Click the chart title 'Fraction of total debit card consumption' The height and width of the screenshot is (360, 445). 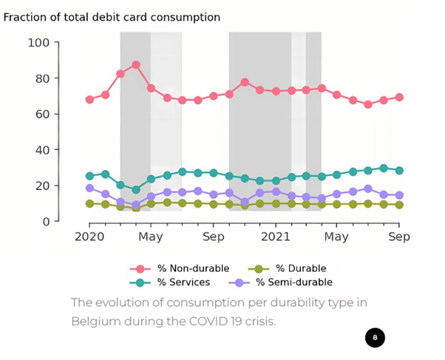[112, 16]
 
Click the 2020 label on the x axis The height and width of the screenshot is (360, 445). [89, 237]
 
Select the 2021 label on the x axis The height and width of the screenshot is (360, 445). [276, 237]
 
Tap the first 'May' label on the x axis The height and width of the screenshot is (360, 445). [151, 237]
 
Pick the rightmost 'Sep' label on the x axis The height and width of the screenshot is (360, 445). [399, 237]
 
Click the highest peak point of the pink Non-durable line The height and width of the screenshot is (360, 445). [136, 65]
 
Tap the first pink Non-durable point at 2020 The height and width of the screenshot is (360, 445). [89, 99]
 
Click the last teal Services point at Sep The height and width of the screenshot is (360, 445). [399, 171]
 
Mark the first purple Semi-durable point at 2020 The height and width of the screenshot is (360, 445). [89, 188]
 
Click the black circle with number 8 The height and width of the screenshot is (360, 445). [375, 338]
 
